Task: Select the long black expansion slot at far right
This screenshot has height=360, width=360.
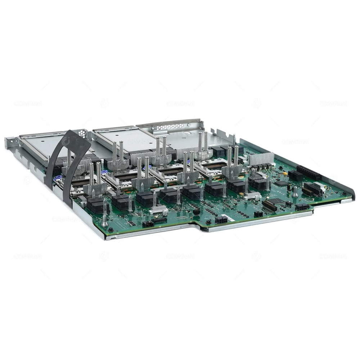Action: click(x=309, y=173)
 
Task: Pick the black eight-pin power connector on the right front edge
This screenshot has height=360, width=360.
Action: click(x=302, y=207)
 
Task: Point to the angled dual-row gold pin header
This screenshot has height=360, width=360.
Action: click(x=269, y=206)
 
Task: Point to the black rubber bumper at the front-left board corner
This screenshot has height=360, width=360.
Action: click(x=111, y=229)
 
